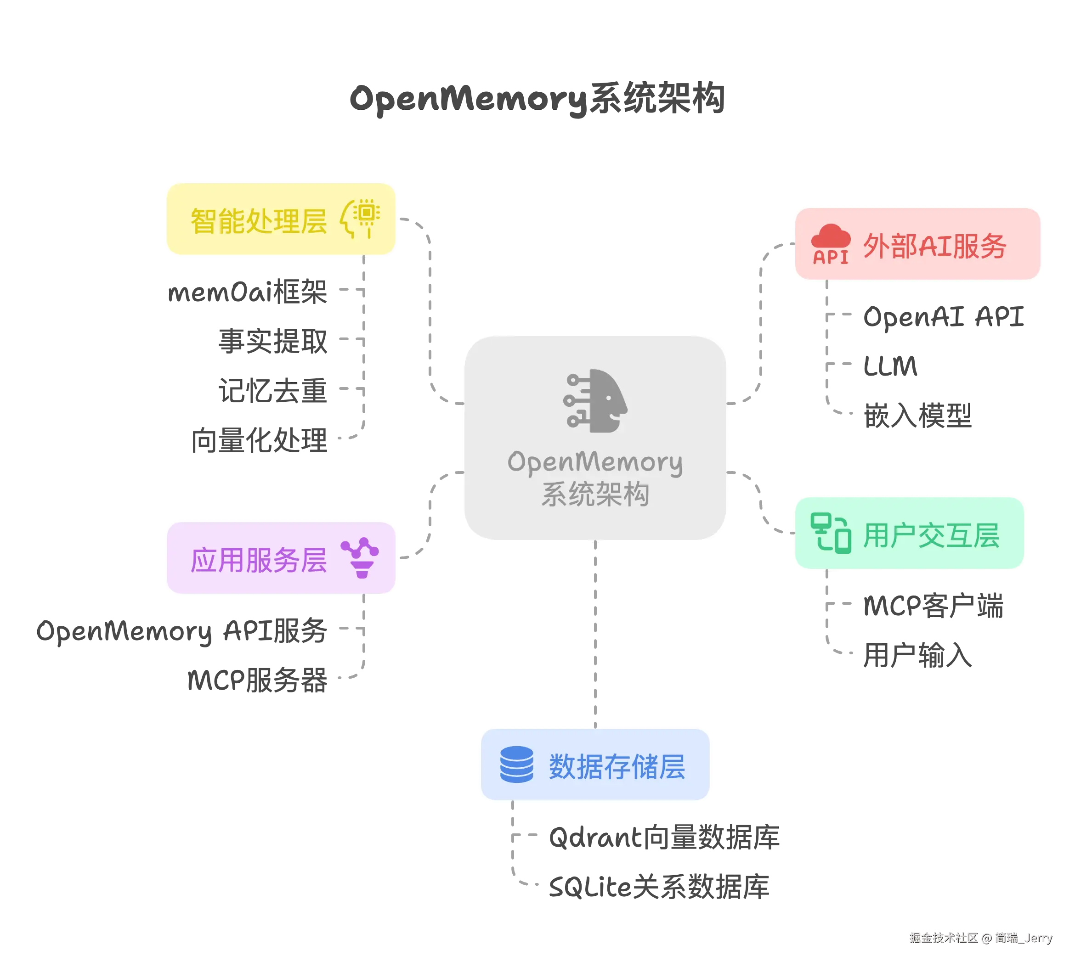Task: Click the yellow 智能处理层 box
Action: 281,220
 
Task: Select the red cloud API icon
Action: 831,244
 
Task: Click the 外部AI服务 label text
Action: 934,246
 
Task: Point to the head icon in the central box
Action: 595,400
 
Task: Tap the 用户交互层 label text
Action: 931,535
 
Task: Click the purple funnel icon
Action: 361,558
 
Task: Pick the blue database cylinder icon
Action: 516,765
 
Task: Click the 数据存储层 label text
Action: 617,767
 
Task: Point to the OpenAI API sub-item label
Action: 944,317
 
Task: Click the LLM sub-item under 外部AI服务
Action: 890,365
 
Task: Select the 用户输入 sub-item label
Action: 917,655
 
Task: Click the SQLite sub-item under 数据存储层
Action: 659,886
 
